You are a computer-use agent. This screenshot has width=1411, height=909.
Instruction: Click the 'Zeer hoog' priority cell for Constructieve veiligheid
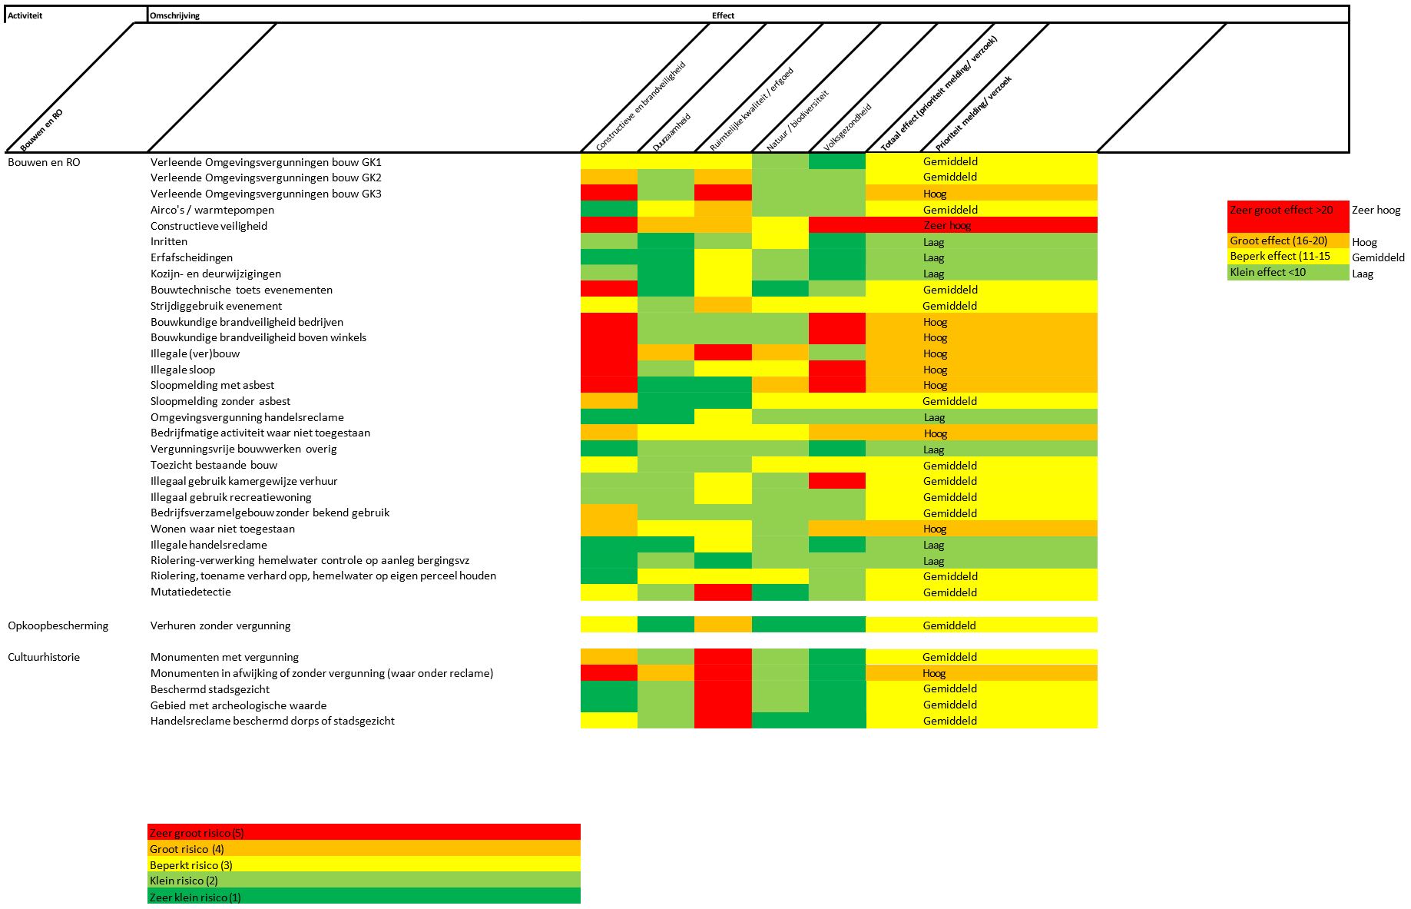[947, 226]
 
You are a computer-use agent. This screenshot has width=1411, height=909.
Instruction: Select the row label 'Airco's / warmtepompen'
[212, 210]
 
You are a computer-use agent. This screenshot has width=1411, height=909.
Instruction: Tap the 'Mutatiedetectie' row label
[190, 592]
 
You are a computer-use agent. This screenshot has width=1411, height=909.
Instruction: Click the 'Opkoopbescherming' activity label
[58, 625]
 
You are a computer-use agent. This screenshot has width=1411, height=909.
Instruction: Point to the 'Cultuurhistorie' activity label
[44, 657]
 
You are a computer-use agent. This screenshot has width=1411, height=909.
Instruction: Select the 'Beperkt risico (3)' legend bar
[363, 865]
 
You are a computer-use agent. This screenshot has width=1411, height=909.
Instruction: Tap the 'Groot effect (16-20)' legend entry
[1278, 241]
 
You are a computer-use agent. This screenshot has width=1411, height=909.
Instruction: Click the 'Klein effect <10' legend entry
[1267, 272]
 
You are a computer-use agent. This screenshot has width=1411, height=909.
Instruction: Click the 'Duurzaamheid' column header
[671, 132]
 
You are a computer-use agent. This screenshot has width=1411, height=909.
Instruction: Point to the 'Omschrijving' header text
[175, 15]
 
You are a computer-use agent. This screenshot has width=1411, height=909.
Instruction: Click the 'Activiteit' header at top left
[25, 15]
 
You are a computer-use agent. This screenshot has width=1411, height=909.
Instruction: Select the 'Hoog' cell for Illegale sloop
[935, 370]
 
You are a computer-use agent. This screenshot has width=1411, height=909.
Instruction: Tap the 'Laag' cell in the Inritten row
[934, 242]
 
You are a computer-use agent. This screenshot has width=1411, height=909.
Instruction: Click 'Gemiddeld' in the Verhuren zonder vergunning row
[949, 625]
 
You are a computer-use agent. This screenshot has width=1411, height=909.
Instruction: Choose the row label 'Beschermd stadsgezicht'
[210, 689]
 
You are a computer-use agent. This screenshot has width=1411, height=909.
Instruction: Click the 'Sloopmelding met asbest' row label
[212, 385]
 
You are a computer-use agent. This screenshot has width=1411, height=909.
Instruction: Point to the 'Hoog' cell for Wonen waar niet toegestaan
[935, 529]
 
